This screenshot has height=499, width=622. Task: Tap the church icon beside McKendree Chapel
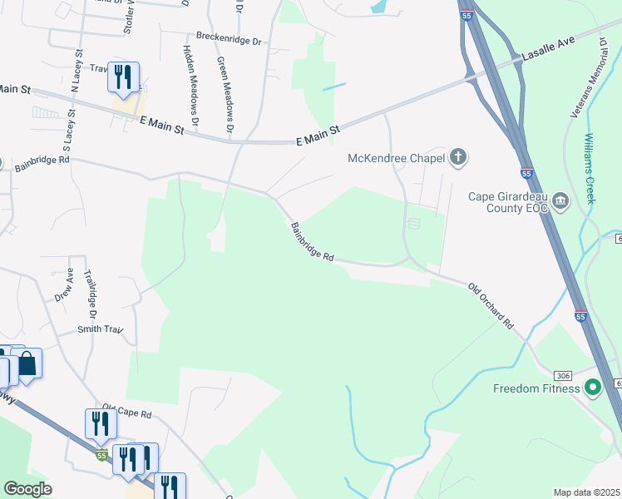pyautogui.click(x=457, y=156)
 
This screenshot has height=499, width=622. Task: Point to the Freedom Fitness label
pyautogui.click(x=535, y=388)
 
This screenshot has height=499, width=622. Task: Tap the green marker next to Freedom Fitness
pyautogui.click(x=592, y=388)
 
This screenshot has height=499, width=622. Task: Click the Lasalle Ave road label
pyautogui.click(x=549, y=53)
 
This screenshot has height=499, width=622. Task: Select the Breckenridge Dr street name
pyautogui.click(x=229, y=38)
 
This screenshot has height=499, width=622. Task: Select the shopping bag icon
pyautogui.click(x=27, y=363)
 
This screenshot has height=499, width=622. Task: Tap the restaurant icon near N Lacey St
pyautogui.click(x=123, y=77)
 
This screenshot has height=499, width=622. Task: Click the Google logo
pyautogui.click(x=28, y=489)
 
